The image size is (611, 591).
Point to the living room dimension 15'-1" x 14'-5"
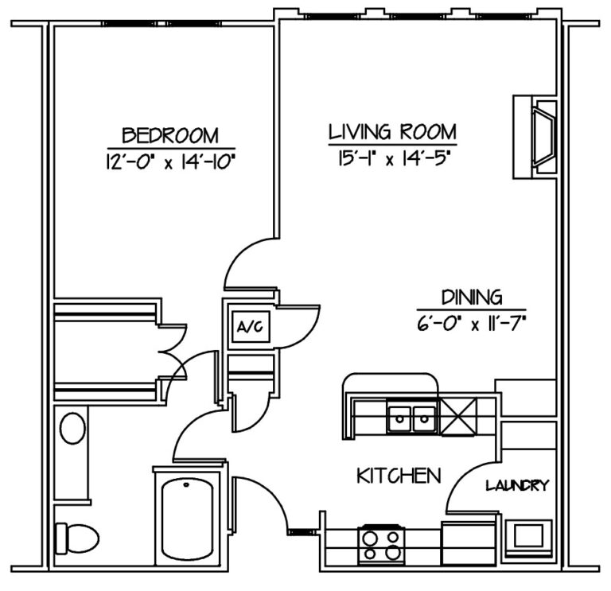pos(392,157)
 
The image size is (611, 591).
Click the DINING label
pos(472,297)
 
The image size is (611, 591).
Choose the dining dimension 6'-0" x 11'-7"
pos(472,323)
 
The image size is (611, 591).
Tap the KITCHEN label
pos(398,476)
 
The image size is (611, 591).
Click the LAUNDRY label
pos(518,485)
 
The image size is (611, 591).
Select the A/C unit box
pos(247,326)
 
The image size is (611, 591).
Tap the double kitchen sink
pos(411,418)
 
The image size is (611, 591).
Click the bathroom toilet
pos(76,539)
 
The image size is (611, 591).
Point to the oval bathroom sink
pos(73,429)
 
